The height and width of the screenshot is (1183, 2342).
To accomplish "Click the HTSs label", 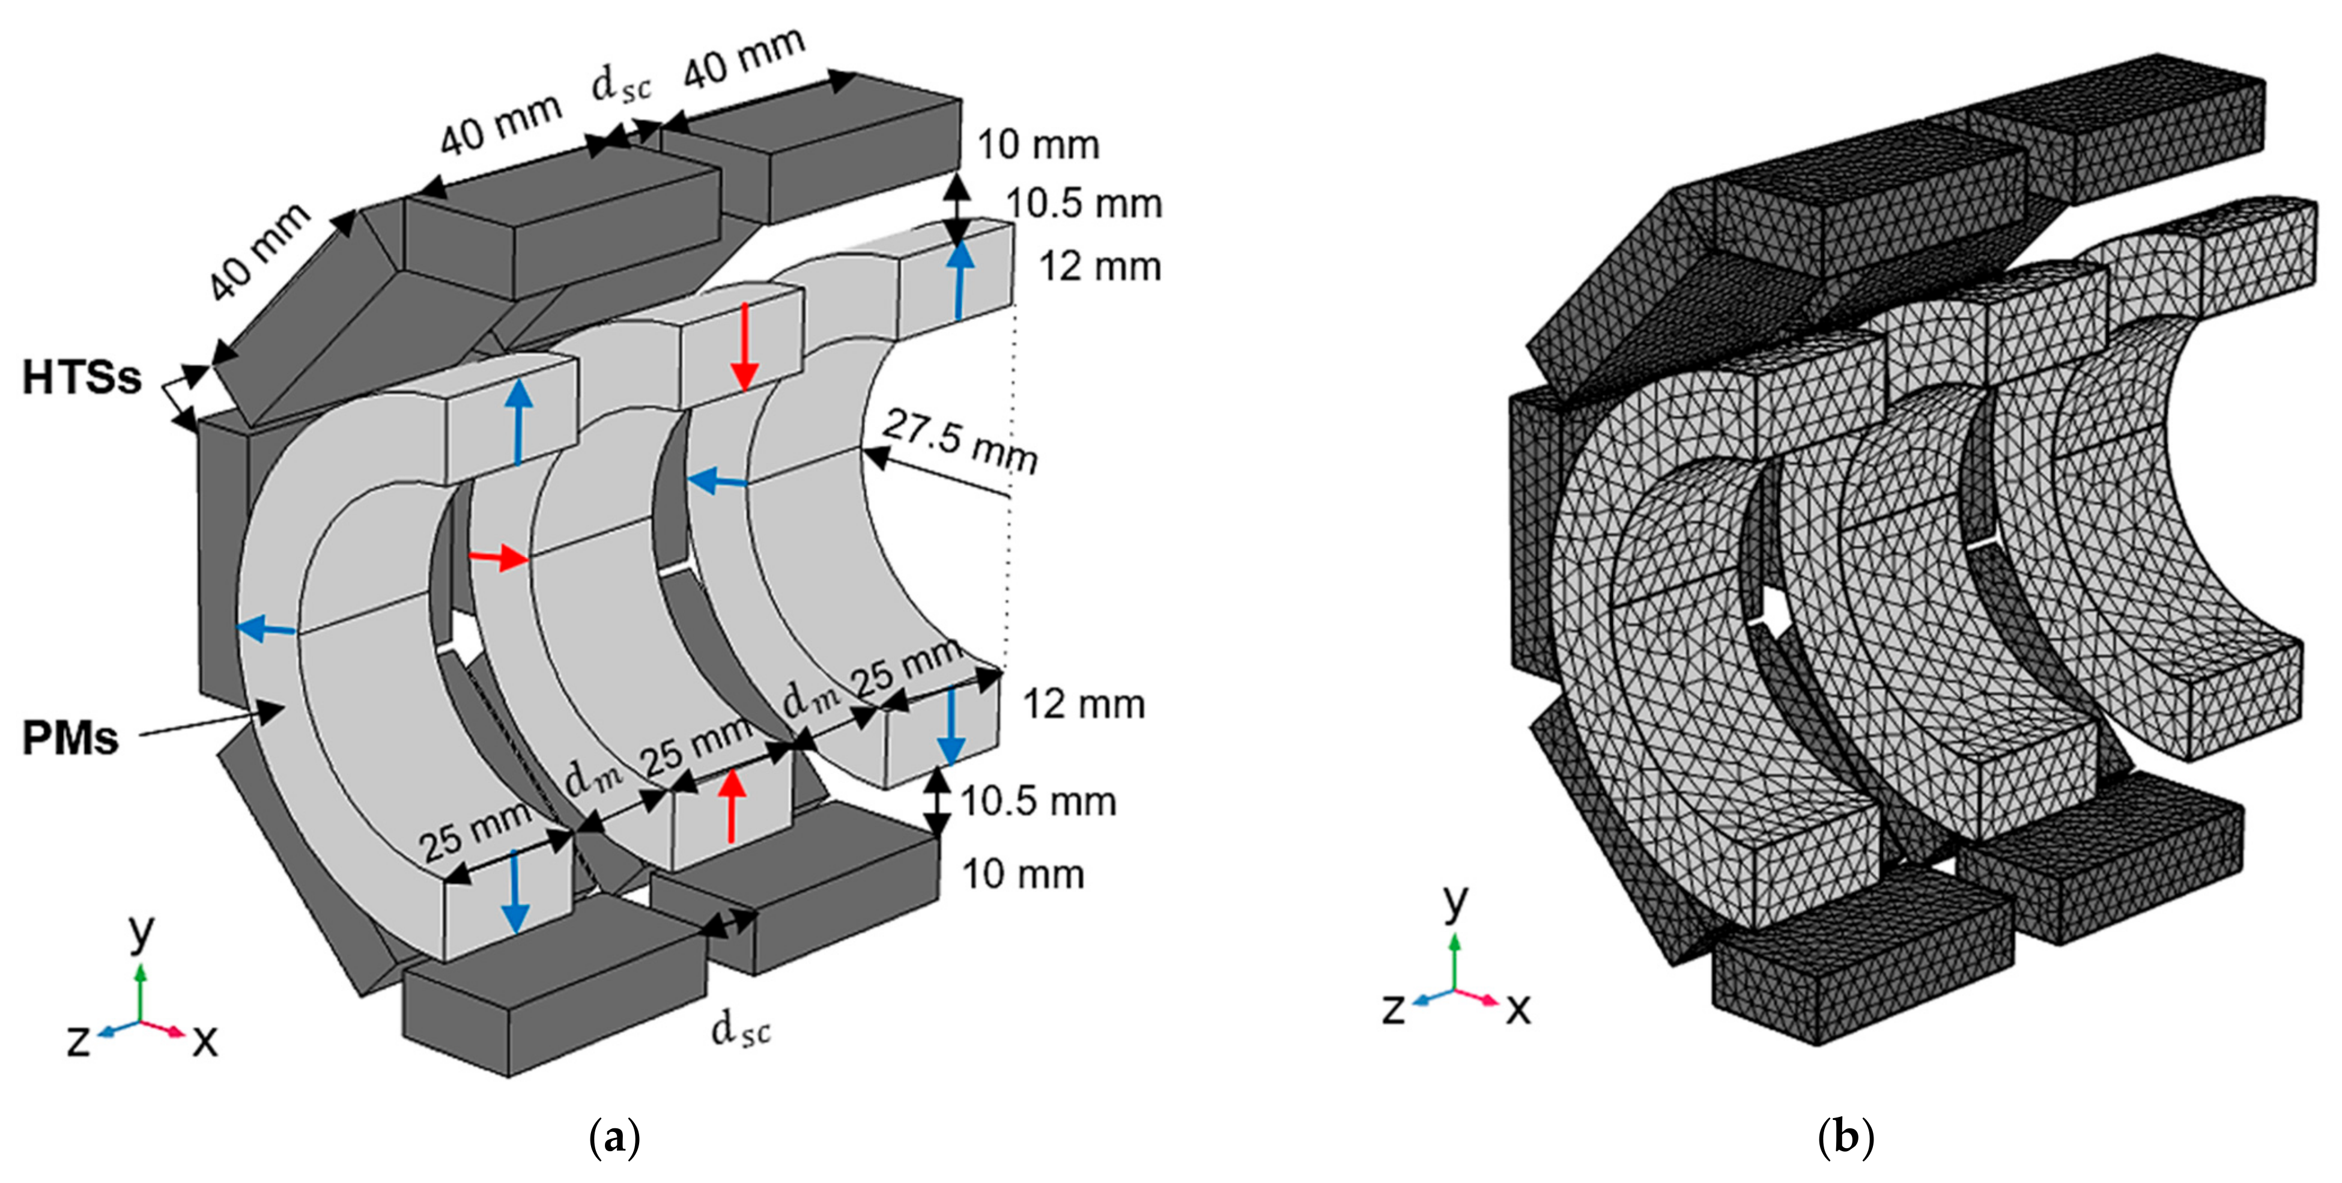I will (82, 377).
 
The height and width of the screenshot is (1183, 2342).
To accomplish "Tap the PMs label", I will (70, 738).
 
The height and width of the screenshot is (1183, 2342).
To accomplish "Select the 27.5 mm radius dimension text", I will (960, 441).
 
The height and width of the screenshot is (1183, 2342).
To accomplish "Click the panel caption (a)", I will (614, 1137).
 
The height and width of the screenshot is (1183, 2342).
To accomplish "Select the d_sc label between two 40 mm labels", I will (622, 85).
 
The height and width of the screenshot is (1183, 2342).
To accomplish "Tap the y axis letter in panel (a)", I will (141, 931).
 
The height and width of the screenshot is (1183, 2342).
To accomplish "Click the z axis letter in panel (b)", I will (1394, 1008).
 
